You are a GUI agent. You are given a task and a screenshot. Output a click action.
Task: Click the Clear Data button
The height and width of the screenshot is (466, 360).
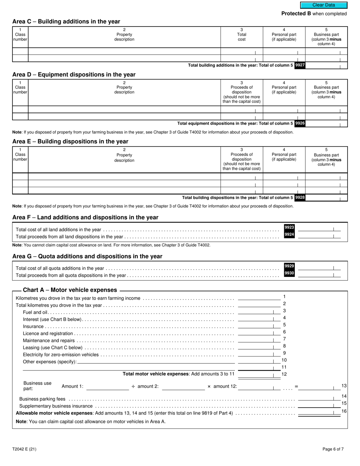[324, 5]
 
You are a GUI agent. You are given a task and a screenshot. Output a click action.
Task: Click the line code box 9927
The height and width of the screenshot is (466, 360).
[300, 65]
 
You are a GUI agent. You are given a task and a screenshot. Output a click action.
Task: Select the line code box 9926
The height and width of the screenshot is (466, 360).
[300, 123]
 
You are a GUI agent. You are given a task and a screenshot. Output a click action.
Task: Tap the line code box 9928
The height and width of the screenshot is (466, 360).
[300, 197]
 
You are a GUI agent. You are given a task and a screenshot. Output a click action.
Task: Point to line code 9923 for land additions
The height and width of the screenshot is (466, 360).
[289, 227]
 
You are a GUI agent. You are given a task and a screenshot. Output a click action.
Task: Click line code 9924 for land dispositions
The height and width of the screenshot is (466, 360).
[289, 235]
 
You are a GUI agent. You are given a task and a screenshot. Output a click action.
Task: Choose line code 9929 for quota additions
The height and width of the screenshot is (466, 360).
[289, 266]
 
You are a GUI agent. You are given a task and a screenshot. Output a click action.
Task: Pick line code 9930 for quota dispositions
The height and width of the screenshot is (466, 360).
[289, 273]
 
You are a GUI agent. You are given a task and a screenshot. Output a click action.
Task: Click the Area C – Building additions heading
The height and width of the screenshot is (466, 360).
[66, 22]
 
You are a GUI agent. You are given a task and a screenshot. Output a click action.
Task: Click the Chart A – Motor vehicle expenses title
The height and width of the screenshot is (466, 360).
[70, 290]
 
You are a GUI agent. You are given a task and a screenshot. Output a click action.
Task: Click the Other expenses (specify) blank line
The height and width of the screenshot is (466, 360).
[156, 362]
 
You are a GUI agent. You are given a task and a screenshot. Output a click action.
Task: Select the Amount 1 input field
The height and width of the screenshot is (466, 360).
[108, 386]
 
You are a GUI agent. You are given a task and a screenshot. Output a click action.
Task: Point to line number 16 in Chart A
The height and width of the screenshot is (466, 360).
[344, 411]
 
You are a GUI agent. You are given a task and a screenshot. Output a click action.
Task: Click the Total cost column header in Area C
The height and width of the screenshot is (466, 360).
[242, 37]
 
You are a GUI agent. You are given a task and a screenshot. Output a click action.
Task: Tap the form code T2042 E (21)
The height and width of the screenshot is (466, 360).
[24, 449]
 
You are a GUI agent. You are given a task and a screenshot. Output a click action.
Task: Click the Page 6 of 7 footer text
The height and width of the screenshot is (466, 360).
[333, 449]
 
